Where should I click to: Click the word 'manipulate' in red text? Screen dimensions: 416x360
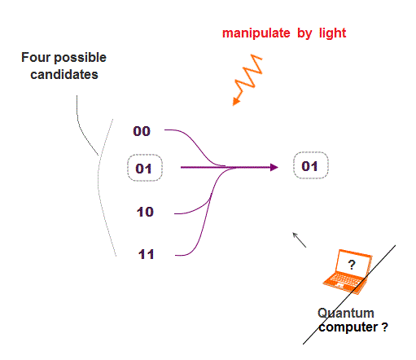click(x=256, y=33)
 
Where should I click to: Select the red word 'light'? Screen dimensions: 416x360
click(x=332, y=33)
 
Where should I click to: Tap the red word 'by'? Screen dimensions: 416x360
click(x=304, y=33)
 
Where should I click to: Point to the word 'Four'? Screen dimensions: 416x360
click(x=36, y=57)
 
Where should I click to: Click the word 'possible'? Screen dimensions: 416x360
click(x=81, y=58)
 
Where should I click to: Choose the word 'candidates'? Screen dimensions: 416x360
click(x=64, y=74)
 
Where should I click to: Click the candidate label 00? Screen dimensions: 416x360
click(x=142, y=131)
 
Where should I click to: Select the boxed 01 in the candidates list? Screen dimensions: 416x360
click(x=145, y=168)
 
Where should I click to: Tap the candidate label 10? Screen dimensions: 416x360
click(x=145, y=212)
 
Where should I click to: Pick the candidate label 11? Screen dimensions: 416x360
click(x=146, y=254)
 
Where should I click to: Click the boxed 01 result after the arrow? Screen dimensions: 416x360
click(x=311, y=165)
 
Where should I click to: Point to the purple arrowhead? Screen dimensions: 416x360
click(x=274, y=167)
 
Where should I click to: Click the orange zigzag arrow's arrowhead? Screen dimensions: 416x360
click(x=236, y=101)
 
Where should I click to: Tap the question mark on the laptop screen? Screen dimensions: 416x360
click(x=352, y=265)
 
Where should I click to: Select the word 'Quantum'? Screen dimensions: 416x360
click(x=346, y=313)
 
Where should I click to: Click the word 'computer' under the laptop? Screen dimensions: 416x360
click(x=348, y=327)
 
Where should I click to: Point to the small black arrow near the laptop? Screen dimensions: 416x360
click(x=300, y=239)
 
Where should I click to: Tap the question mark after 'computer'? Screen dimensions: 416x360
click(x=384, y=327)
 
